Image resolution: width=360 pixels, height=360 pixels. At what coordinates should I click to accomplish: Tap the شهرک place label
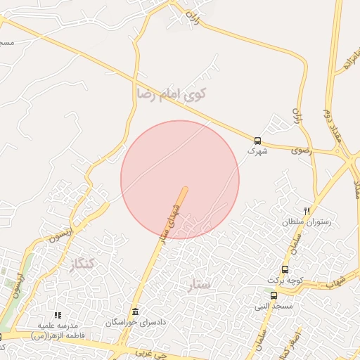pos(257,150)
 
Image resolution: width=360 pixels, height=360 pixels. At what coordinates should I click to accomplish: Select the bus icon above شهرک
pos(257,140)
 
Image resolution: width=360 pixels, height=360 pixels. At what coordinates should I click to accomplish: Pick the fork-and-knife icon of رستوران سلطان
pos(307,211)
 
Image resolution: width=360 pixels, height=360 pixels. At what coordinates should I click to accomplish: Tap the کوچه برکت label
pos(285,280)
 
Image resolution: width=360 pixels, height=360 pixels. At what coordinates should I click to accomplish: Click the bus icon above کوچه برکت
pos(285,269)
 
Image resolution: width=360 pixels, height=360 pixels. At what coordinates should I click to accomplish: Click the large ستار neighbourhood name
pos(201,284)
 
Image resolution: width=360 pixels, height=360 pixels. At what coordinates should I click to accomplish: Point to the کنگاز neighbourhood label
pos(82,264)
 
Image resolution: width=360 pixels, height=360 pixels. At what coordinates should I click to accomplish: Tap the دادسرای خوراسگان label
pos(136,322)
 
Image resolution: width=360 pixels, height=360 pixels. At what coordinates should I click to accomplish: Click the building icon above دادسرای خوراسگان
pos(136,311)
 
